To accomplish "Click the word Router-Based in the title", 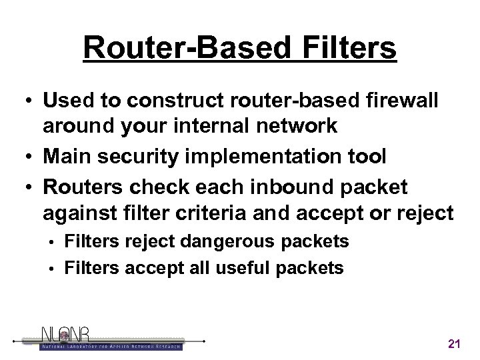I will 180,49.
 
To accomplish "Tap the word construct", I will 154,101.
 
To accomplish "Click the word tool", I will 367,157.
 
